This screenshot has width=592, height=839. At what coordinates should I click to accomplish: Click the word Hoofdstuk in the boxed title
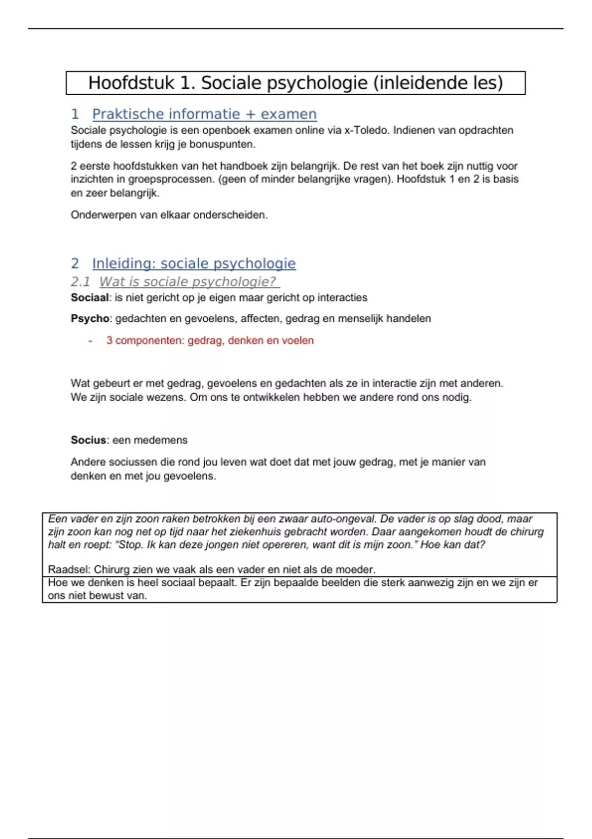131,83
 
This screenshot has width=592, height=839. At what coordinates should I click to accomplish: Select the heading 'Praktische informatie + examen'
204,114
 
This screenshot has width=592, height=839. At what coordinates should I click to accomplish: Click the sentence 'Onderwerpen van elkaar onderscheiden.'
169,215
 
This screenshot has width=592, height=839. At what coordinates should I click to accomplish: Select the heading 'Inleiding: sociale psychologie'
194,264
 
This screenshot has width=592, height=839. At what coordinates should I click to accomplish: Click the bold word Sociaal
89,298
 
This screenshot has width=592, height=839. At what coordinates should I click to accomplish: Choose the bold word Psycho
89,319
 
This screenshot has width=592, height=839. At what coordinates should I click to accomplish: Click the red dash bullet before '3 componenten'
90,341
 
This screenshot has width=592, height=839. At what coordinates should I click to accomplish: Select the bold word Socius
88,440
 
